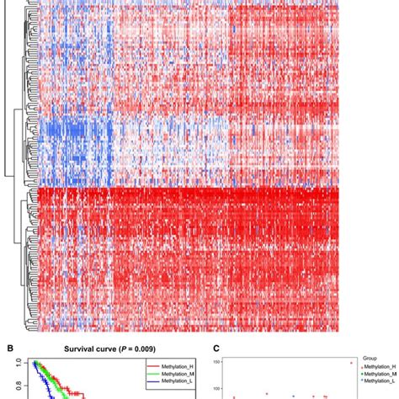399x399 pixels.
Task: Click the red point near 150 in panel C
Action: [x=327, y=363]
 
